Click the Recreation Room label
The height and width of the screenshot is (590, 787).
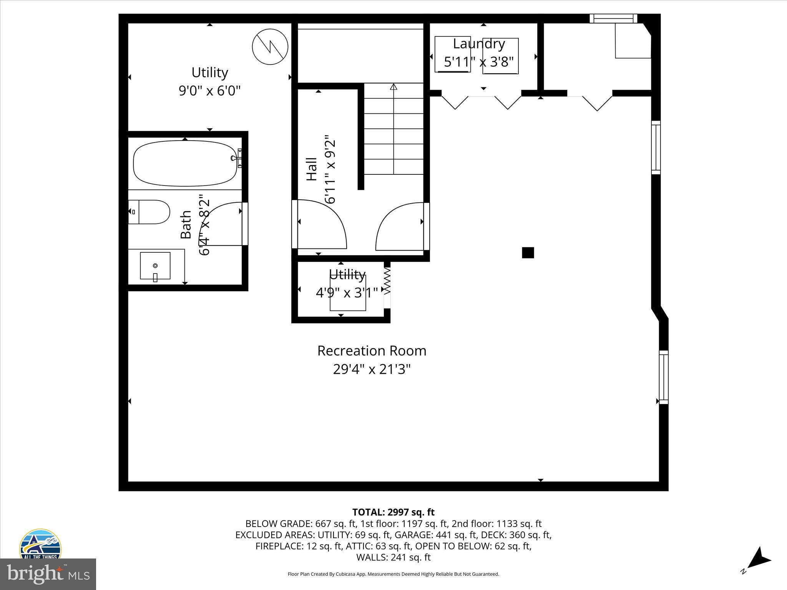(372, 351)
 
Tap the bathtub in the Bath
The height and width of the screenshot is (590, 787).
(185, 164)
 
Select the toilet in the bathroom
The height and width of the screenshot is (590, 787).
(150, 212)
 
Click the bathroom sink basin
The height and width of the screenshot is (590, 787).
(155, 265)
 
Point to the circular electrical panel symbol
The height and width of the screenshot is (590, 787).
(270, 46)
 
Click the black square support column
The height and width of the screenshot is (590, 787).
(528, 253)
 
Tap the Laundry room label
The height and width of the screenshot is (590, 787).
(478, 44)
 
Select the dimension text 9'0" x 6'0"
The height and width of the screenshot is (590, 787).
(209, 91)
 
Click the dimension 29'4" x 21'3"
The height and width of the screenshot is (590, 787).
(372, 370)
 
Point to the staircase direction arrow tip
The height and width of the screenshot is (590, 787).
(393, 87)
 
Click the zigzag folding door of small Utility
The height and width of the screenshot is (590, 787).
(387, 281)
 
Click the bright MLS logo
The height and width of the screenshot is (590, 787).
(48, 574)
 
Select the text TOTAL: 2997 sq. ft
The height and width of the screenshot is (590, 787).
(393, 512)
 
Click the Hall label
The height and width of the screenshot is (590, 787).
(311, 169)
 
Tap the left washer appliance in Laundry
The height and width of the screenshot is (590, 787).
(452, 54)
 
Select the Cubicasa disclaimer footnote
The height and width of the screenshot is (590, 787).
(393, 574)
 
